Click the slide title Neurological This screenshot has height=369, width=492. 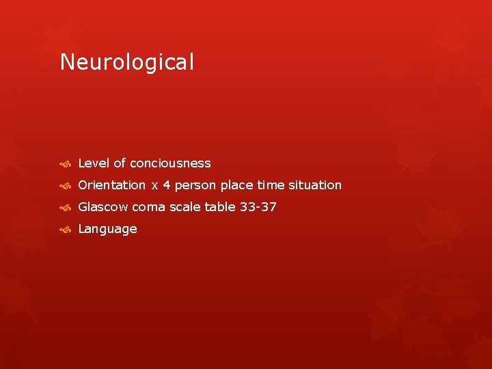tap(127, 63)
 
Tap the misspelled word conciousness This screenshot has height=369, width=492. tap(170, 163)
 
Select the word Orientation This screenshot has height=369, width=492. tap(112, 185)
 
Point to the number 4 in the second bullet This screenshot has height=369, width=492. tap(166, 185)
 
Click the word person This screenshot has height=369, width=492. tap(195, 185)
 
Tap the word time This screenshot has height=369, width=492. tap(270, 185)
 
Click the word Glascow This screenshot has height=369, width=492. tap(103, 207)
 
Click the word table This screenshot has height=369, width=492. tap(220, 207)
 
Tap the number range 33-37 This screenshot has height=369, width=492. tap(258, 207)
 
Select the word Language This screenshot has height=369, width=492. tap(108, 230)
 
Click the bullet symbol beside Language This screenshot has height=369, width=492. tap(65, 230)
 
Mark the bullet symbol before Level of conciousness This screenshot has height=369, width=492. tap(65, 164)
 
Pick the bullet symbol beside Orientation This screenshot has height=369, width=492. tap(65, 186)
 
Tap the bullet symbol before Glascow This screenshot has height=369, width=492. tap(65, 208)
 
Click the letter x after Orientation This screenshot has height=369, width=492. tap(154, 186)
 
